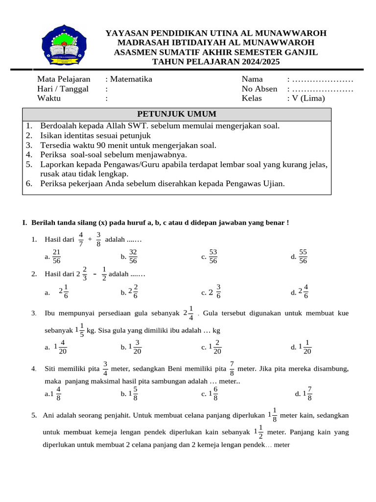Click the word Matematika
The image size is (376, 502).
click(131, 79)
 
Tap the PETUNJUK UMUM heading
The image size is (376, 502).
click(177, 114)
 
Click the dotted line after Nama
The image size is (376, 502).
click(323, 79)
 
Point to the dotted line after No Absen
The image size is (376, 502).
click(323, 89)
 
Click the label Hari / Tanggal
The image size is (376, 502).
click(63, 89)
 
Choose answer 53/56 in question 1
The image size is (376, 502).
click(213, 256)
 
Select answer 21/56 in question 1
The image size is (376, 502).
click(56, 256)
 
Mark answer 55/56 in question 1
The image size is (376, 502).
click(303, 256)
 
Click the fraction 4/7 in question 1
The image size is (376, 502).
click(81, 239)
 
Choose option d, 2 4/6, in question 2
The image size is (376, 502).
click(303, 292)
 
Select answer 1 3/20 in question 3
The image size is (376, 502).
click(135, 347)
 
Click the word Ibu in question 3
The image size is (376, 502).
click(50, 313)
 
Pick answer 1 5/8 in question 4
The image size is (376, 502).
click(133, 394)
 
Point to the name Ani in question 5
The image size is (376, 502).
click(48, 415)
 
